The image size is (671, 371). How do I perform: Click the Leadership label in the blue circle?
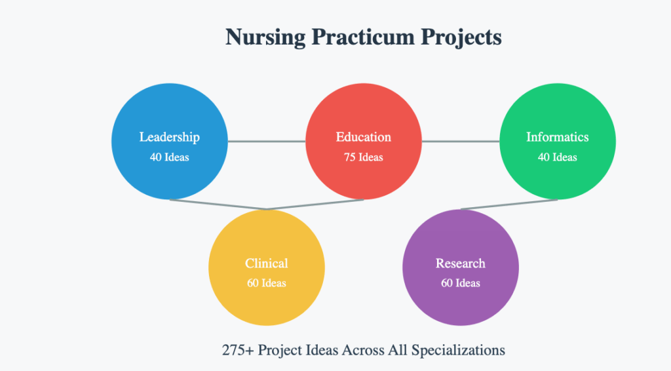point(169,137)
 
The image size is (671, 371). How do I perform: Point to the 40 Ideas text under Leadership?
point(169,157)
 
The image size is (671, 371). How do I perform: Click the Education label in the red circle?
point(364,137)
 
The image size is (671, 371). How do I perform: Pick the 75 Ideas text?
point(364,157)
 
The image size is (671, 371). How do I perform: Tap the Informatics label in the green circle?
point(557,137)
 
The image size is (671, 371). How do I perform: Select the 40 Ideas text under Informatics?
point(557,157)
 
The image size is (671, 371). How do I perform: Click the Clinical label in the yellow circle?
point(267,264)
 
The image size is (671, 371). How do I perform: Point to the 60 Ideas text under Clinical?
point(267,283)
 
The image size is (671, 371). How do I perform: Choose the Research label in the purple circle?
point(461,264)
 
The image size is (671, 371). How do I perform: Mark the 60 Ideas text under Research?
point(461,283)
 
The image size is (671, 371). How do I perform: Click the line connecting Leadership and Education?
point(267,141)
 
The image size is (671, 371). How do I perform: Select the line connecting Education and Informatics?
point(461,141)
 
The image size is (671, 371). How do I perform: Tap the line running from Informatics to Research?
point(509,205)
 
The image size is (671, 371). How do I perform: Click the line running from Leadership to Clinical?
point(218,205)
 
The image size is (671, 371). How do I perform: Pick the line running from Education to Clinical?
point(315,205)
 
